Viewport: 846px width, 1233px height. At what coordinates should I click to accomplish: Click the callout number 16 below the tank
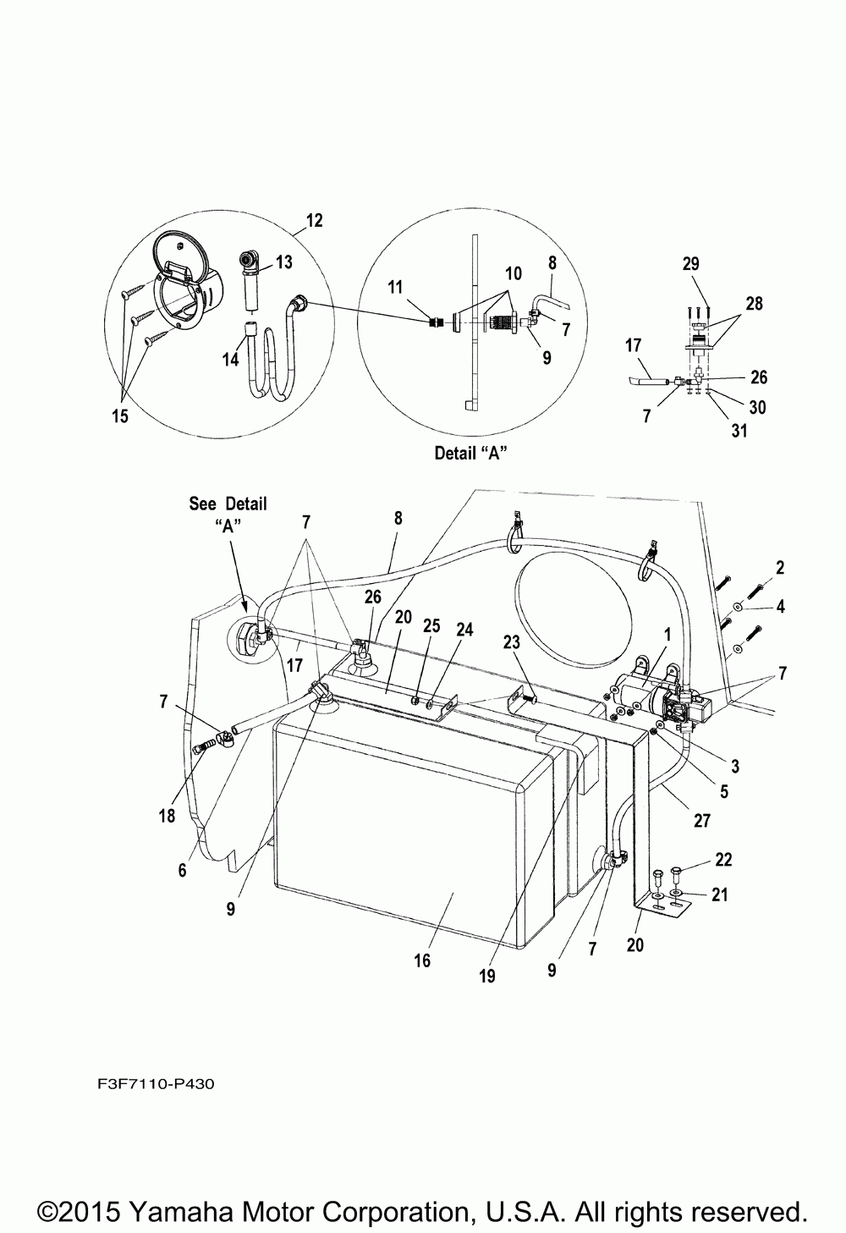point(422,960)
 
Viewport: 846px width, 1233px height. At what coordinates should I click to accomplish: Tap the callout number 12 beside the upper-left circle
point(315,221)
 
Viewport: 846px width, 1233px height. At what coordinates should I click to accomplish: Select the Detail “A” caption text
point(470,453)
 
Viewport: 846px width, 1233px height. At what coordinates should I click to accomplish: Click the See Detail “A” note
point(228,514)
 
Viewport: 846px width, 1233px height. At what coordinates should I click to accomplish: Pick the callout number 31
point(739,432)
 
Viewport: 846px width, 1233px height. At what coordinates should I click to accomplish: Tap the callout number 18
point(167,815)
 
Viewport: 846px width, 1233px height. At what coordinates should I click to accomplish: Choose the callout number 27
point(702,819)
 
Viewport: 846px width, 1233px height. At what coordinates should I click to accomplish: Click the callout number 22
point(722,860)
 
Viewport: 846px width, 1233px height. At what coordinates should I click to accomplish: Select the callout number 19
point(487,976)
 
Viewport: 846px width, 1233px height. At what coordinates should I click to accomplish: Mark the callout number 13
point(283,263)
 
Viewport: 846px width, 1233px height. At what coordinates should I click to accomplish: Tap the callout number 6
point(182,869)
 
